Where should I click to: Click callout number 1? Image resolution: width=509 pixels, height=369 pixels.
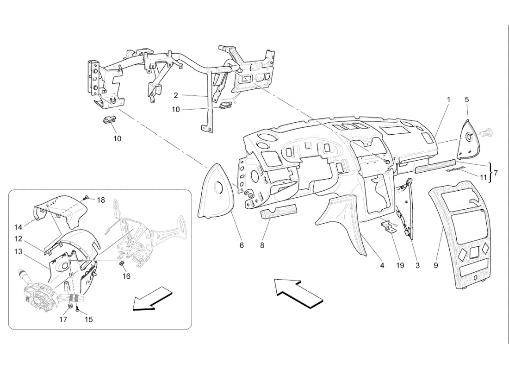click(x=448, y=100)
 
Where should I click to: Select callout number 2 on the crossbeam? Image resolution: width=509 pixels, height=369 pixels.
click(x=176, y=95)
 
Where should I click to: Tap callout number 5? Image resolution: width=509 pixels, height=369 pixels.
click(x=466, y=100)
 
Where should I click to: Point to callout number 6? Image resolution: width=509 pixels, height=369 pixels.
click(x=242, y=245)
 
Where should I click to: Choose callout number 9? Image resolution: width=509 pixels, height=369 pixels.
click(x=436, y=266)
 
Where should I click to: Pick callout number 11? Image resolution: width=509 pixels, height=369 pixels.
click(x=483, y=176)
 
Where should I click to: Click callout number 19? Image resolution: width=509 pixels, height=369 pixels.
click(x=400, y=266)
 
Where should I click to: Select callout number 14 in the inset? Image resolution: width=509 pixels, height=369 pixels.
click(x=19, y=227)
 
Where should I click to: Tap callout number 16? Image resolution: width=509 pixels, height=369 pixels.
click(x=126, y=276)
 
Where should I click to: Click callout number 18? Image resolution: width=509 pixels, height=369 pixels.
click(x=101, y=200)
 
